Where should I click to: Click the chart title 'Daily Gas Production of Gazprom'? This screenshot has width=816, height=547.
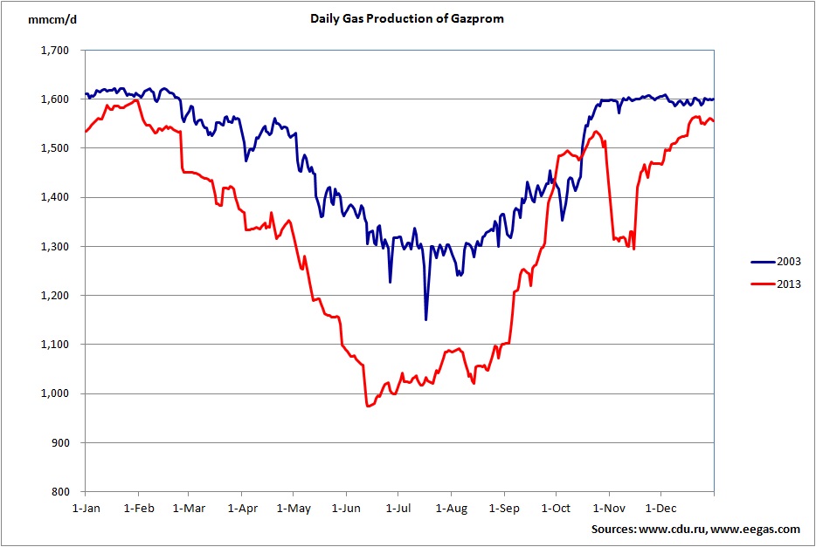click(407, 17)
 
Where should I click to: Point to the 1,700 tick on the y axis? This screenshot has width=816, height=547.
click(56, 51)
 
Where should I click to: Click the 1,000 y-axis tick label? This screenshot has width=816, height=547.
click(56, 393)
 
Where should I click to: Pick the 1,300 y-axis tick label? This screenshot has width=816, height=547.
click(56, 247)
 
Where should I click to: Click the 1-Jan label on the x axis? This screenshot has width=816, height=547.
click(86, 507)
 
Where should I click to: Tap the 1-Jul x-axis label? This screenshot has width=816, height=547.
click(398, 507)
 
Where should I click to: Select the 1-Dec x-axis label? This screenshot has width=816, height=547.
click(660, 507)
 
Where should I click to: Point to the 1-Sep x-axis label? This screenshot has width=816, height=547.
click(504, 507)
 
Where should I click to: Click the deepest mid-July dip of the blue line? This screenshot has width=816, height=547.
click(425, 319)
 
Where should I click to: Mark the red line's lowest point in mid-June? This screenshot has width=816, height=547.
click(368, 407)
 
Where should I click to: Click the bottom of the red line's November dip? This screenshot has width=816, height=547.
click(633, 249)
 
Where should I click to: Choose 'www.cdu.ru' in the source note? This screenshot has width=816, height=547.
click(675, 530)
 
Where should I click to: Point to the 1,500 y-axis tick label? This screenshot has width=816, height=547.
click(56, 148)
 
